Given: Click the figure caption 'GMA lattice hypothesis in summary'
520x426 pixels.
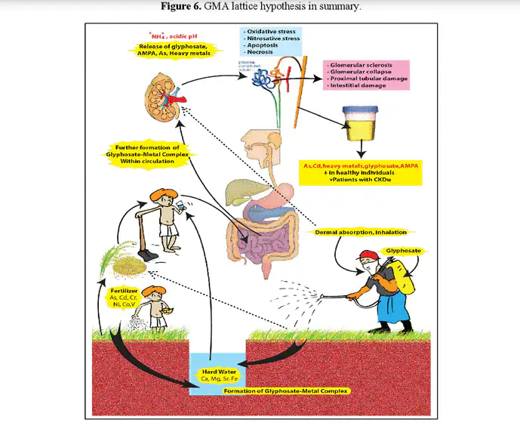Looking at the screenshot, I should [x=260, y=8].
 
